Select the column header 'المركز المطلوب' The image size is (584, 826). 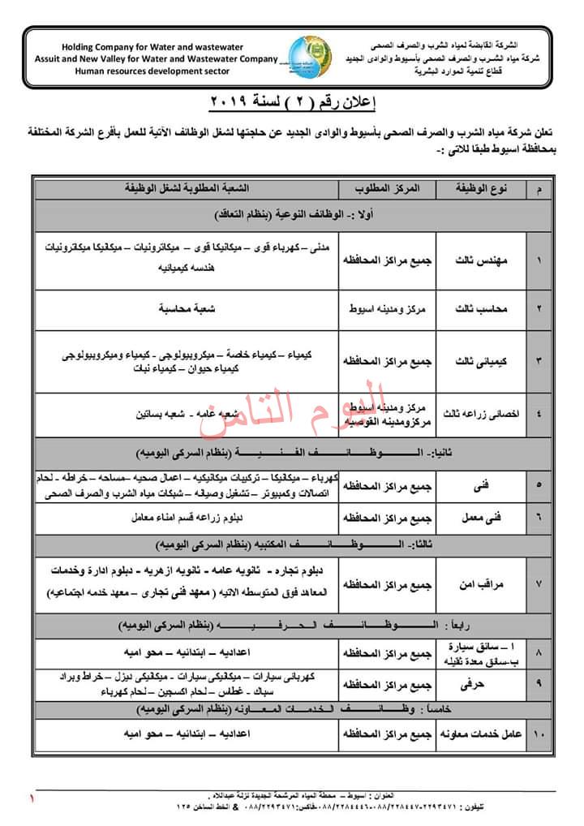(387, 188)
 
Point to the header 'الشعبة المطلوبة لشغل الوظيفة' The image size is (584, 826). (185, 188)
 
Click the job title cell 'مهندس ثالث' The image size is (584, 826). (482, 261)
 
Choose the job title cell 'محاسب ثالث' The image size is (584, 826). (482, 309)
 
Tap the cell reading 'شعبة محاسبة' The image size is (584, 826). (185, 309)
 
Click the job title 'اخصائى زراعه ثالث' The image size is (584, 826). (482, 413)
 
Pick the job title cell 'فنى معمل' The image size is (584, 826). (482, 517)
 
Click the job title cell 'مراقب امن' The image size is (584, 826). (482, 583)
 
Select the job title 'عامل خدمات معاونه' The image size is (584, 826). (482, 734)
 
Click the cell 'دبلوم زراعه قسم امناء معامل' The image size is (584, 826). (185, 517)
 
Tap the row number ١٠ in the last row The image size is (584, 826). (539, 734)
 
